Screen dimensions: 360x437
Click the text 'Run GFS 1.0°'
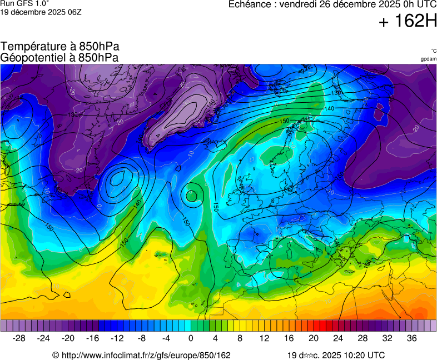pyautogui.click(x=24, y=3)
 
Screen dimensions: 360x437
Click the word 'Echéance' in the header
pyautogui.click(x=251, y=4)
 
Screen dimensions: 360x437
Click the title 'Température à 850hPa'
pyautogui.click(x=60, y=47)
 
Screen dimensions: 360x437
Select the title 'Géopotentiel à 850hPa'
pyautogui.click(x=60, y=57)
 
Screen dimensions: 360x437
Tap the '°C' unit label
pyautogui.click(x=433, y=51)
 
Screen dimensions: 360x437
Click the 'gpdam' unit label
pyautogui.click(x=428, y=58)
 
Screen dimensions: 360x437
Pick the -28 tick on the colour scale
pyautogui.click(x=19, y=338)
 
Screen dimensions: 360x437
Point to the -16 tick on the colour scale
pyautogui.click(x=93, y=338)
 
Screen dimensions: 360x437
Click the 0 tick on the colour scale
pyautogui.click(x=191, y=338)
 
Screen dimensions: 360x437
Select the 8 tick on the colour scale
pyautogui.click(x=240, y=338)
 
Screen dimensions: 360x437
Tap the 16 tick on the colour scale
pyautogui.click(x=289, y=338)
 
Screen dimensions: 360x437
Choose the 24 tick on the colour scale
pyautogui.click(x=338, y=338)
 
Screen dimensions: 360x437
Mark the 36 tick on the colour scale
pyautogui.click(x=411, y=338)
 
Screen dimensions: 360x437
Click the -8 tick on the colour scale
pyautogui.click(x=142, y=338)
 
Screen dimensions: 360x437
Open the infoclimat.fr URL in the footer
pyautogui.click(x=146, y=356)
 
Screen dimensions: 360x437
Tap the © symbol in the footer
pyautogui.click(x=56, y=356)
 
